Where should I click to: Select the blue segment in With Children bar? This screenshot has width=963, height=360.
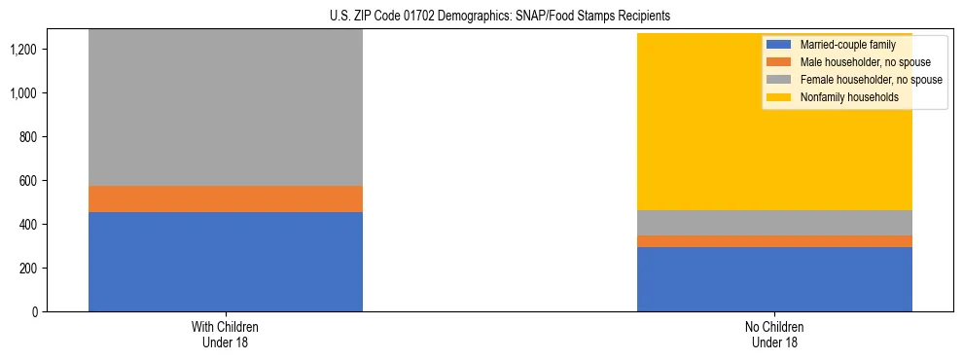pos(226,262)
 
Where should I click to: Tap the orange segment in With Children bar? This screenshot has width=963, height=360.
pos(226,198)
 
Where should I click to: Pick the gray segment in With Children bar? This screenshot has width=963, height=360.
pos(226,108)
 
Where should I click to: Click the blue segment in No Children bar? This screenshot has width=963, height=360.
pos(774,279)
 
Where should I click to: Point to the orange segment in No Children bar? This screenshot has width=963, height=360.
pos(774,241)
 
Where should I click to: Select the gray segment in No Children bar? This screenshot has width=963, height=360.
pos(774,223)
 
